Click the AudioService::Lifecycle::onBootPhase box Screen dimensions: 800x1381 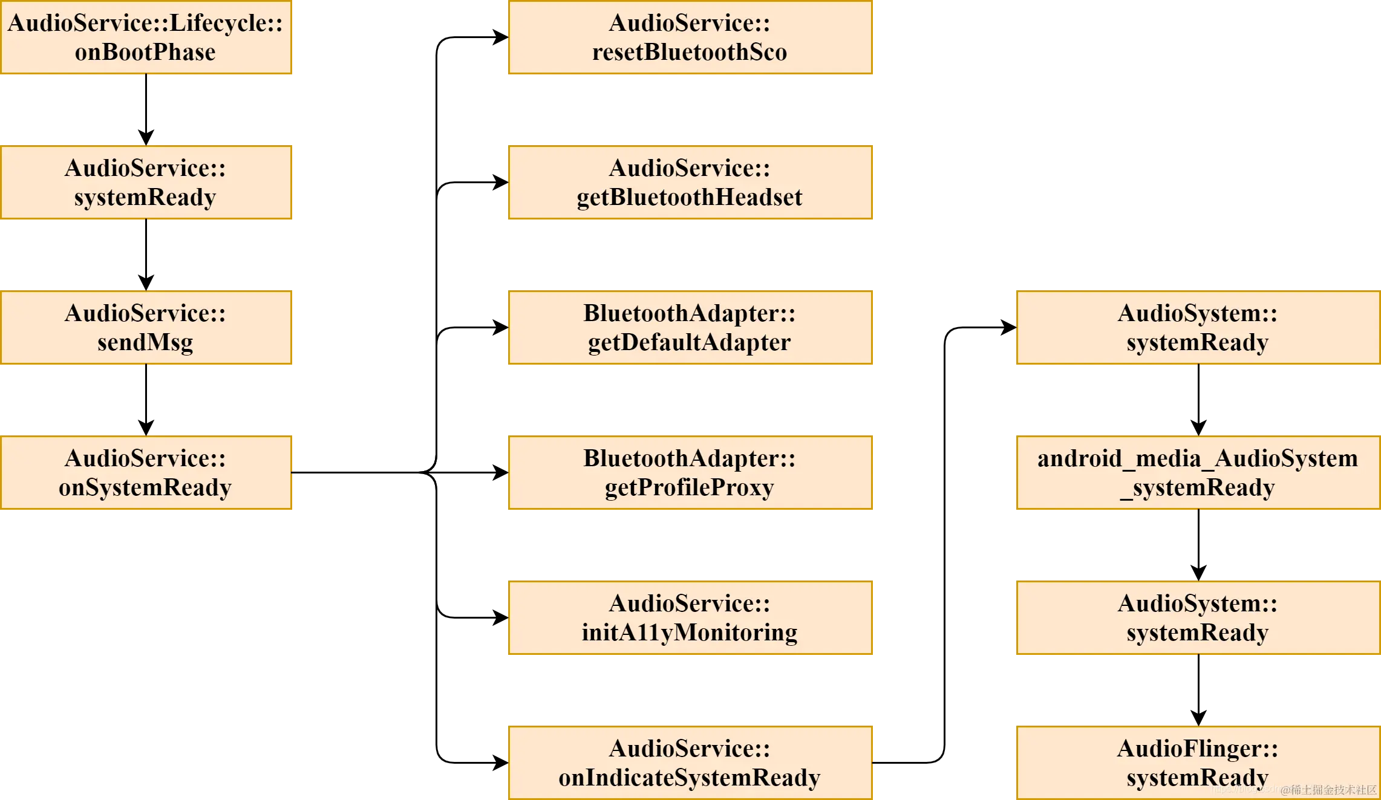(146, 37)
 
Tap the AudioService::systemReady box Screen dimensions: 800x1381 (146, 183)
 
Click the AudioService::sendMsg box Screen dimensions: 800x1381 (146, 328)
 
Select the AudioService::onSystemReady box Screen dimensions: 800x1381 (146, 473)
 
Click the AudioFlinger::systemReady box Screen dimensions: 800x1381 (1198, 763)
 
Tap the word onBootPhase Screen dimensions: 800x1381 (145, 53)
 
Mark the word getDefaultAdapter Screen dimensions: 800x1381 (689, 343)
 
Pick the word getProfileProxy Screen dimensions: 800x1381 (689, 488)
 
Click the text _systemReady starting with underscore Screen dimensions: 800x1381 (1198, 488)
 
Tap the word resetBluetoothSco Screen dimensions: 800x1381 (689, 53)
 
